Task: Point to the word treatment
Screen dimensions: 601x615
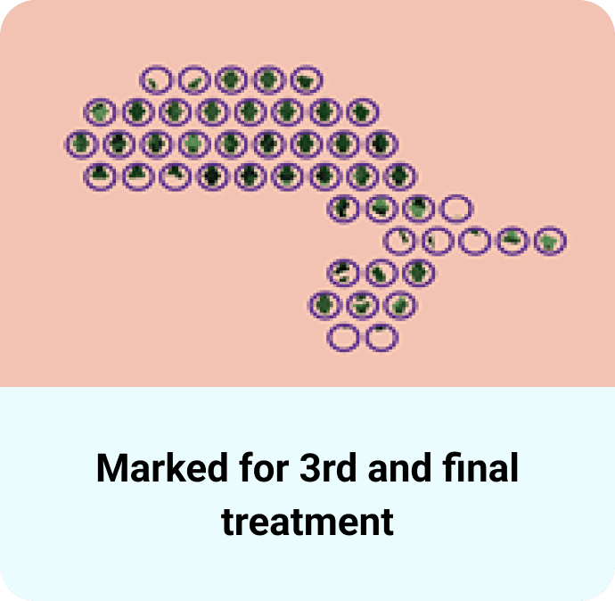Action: [x=307, y=520]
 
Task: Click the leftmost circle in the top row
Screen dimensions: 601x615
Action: [x=155, y=80]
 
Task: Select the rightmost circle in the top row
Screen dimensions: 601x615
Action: [x=306, y=80]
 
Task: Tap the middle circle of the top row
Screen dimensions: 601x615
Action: [x=230, y=80]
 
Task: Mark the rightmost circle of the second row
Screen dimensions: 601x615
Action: [x=362, y=112]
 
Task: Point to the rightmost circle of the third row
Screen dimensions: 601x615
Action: [x=381, y=144]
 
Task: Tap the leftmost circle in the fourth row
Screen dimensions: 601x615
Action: [x=100, y=176]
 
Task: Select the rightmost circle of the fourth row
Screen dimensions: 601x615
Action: [x=401, y=176]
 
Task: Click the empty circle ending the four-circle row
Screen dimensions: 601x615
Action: [x=456, y=210]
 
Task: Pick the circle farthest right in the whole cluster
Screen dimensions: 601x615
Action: [x=551, y=241]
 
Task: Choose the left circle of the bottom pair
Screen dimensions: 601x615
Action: [x=342, y=338]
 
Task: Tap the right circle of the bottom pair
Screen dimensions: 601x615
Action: [x=381, y=338]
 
